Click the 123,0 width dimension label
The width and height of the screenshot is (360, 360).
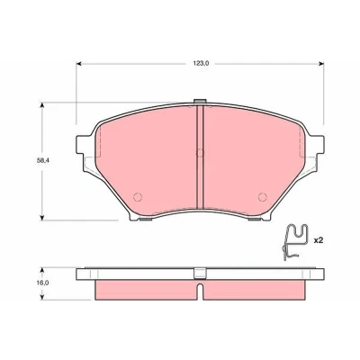tap(200, 63)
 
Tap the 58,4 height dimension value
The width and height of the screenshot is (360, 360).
tap(42, 160)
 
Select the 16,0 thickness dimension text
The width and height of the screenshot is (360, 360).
tap(43, 283)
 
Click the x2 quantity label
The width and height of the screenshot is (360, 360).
tap(318, 240)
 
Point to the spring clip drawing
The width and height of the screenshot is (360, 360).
tap(294, 241)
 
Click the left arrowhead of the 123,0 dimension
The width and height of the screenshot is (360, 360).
tap(79, 64)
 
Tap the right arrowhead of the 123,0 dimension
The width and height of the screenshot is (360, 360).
tap(321, 64)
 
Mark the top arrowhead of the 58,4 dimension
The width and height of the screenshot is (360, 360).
tap(42, 105)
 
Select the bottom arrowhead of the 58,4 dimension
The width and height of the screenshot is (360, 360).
tap(42, 217)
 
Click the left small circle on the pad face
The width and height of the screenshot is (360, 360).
tap(138, 197)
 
